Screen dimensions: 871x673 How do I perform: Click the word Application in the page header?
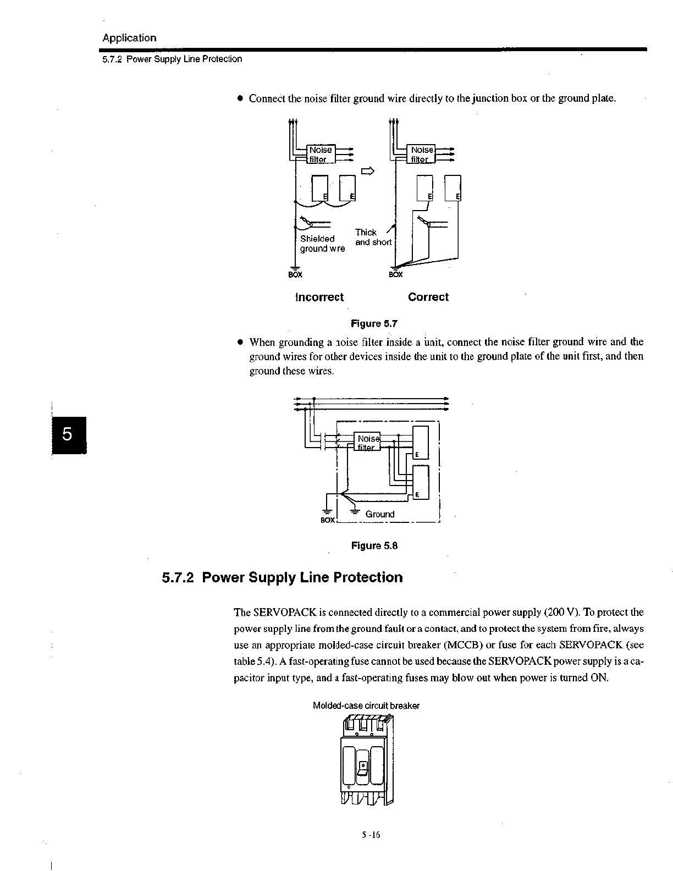point(129,38)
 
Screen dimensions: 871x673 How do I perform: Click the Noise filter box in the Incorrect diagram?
point(320,155)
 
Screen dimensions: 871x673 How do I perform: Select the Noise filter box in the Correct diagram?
point(421,155)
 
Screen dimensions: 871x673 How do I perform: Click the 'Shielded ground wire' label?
point(322,244)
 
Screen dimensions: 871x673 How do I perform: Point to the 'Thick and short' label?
point(373,238)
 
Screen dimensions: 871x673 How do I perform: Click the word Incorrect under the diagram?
point(319,297)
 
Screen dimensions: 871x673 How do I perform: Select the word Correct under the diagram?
point(428,297)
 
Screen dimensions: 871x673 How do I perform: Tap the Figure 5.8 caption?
point(374,545)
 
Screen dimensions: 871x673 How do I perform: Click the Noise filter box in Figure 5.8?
point(367,443)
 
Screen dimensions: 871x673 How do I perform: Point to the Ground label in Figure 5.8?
point(379,514)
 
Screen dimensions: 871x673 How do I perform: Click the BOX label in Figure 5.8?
point(327,520)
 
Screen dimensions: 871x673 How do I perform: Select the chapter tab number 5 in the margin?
point(67,434)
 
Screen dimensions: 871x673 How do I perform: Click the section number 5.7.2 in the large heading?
point(178,578)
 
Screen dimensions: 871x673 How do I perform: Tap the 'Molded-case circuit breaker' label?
point(366,705)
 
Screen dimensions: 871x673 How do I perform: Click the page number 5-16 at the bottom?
point(371,835)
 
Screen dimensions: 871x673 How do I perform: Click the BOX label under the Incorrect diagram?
point(295,274)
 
